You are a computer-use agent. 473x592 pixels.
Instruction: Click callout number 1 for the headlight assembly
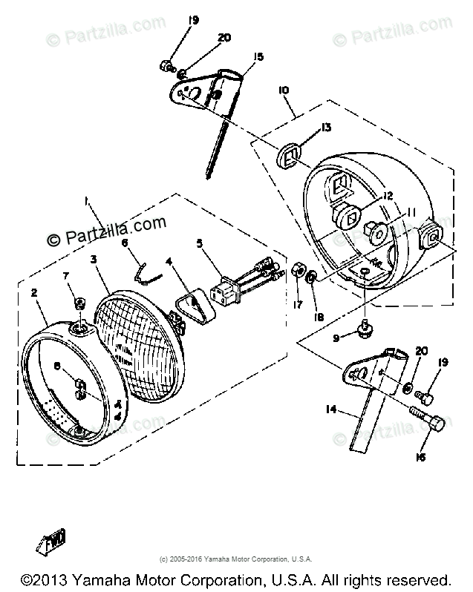point(87,200)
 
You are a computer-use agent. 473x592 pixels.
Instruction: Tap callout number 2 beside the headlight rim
point(34,293)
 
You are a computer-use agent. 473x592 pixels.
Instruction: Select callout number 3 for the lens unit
point(94,259)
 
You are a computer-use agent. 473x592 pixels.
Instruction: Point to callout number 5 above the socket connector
point(199,243)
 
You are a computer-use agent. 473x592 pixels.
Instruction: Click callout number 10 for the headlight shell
point(283,90)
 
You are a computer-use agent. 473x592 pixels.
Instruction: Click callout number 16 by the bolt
point(420,457)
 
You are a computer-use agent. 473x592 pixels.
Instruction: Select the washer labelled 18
point(313,277)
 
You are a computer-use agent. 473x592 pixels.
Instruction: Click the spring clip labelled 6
point(148,271)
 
